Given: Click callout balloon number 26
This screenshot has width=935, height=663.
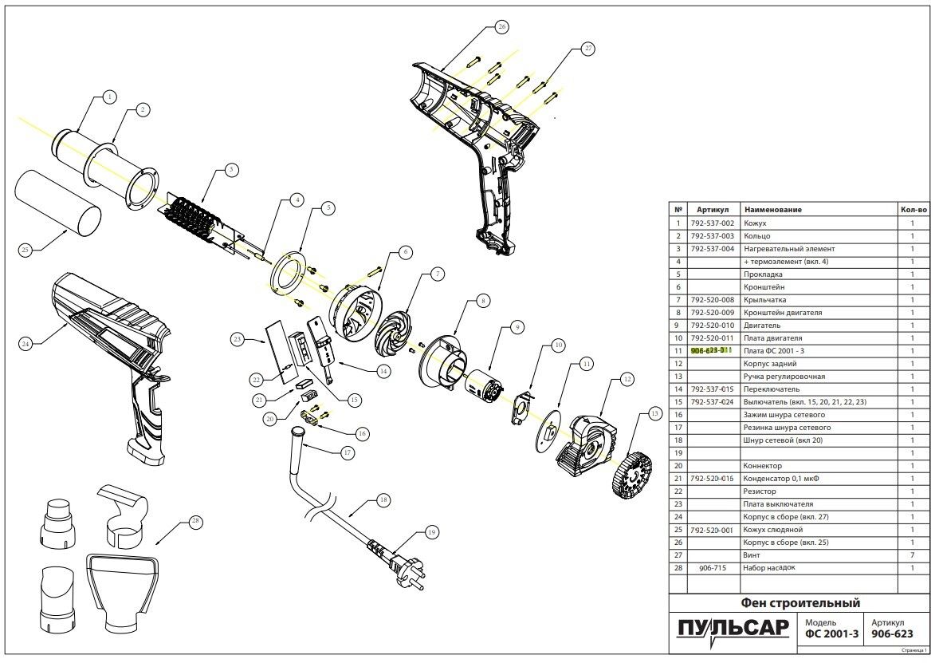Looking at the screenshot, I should (501, 26).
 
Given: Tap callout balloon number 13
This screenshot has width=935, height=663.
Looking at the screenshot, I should (655, 414).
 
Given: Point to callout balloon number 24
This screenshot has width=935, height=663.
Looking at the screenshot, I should (26, 344).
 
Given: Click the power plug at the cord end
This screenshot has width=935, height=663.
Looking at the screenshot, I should (402, 558).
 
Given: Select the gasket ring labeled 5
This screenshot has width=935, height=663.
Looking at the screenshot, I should (289, 270).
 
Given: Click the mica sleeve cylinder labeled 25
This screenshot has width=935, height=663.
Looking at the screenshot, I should (60, 204).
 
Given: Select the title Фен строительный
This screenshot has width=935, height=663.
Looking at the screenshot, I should (800, 602).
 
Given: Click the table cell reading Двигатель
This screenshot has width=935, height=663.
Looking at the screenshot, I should (763, 326).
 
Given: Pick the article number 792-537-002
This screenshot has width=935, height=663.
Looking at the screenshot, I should (712, 223).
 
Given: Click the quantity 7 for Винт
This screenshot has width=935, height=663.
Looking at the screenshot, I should (912, 554).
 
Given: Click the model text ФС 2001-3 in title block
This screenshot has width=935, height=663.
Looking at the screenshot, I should (831, 635).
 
